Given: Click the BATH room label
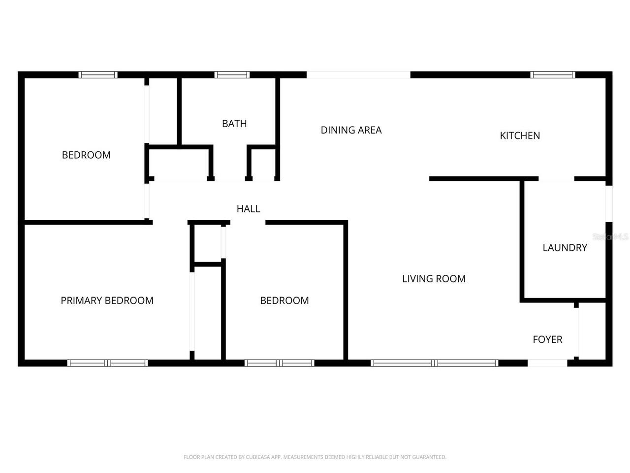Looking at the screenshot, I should point(234,124).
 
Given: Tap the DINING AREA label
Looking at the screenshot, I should point(351,130).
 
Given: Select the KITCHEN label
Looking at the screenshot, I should point(520,135).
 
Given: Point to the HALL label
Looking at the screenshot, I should point(248,209).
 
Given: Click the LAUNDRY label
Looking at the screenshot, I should point(565,248).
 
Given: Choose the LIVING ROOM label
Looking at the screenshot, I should point(434,279).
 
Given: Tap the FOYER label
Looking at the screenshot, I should point(547,339).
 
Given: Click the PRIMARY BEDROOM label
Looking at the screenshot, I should point(107,301).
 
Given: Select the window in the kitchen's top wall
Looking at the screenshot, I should point(552,75).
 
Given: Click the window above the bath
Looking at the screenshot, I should point(232,75).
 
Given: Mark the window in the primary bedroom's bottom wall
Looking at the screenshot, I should point(107,363).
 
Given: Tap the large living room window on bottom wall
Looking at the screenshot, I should point(434,363).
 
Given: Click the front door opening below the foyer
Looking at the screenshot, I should point(547,363).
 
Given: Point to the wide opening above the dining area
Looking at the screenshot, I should point(358,75).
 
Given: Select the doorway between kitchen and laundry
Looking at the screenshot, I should point(556,179).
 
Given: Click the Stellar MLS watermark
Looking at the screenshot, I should point(610,237).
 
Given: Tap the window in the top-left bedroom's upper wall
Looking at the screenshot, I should point(98,75).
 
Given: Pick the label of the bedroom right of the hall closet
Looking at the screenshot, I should point(284,301).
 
